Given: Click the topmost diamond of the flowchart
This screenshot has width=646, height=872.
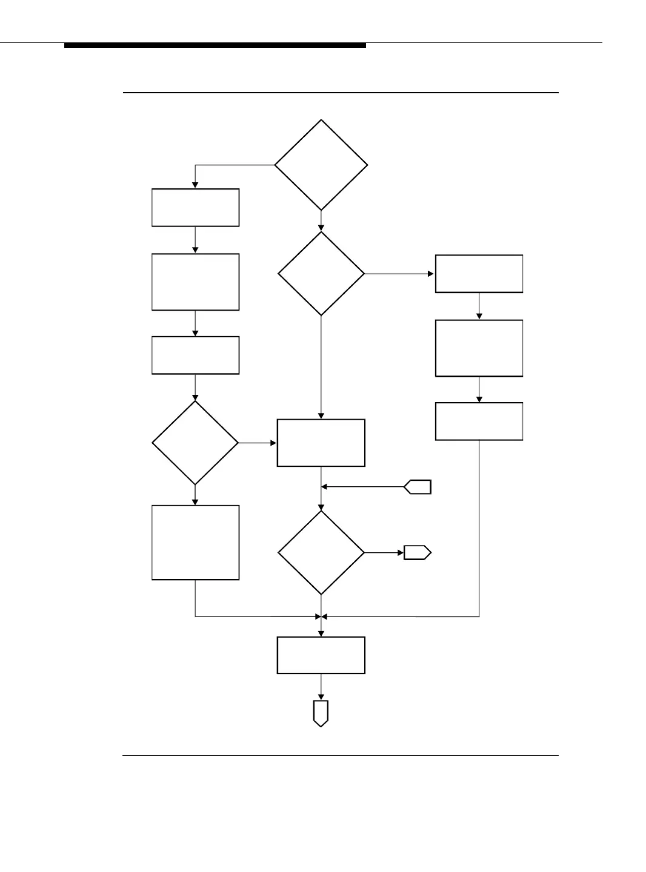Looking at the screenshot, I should click(321, 165).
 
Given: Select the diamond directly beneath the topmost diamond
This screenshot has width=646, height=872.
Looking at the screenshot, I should click(321, 274).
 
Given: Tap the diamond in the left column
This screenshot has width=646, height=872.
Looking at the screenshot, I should click(195, 443).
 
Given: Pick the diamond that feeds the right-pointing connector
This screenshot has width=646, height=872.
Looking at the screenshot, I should click(321, 553).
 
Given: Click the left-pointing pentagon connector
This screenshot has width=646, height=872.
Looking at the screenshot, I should click(418, 486).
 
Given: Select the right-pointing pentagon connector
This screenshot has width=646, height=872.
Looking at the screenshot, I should click(418, 553).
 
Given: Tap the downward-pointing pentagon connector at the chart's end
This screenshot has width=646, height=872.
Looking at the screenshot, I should click(321, 713).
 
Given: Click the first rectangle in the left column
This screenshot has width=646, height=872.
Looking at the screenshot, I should click(195, 208).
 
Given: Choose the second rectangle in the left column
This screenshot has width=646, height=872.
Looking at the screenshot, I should click(195, 282).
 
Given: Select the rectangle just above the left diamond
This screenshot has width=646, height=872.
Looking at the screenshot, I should click(195, 355).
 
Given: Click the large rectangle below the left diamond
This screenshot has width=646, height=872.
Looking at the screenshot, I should click(195, 543).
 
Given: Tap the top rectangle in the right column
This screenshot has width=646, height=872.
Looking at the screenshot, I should click(479, 274).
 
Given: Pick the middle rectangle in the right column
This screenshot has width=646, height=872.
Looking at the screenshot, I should click(479, 348).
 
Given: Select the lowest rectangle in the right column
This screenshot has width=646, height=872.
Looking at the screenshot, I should click(479, 421).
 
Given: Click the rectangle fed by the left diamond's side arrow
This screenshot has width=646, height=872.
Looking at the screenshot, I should click(321, 443).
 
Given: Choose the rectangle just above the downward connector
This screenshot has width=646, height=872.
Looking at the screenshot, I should click(321, 655).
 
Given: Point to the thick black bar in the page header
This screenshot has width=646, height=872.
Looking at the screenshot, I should click(215, 45).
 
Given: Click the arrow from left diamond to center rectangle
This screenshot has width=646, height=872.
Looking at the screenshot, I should click(258, 443).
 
